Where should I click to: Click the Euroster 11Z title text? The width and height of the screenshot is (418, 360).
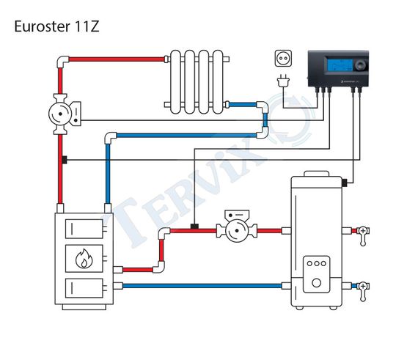(x=56, y=26)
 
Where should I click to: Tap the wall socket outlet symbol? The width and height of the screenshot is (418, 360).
(x=283, y=58)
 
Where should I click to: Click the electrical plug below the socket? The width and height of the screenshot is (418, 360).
(x=283, y=81)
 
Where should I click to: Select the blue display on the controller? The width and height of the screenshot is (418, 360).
(x=339, y=66)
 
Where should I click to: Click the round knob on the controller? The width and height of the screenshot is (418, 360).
(x=360, y=65)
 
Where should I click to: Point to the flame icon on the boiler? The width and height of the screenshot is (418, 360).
(x=84, y=259)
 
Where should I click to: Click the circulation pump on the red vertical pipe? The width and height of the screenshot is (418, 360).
(x=65, y=114)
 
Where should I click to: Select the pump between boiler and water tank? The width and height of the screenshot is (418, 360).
(x=237, y=226)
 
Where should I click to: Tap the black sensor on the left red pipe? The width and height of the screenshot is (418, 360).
(x=65, y=160)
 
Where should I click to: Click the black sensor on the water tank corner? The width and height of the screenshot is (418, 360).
(x=345, y=183)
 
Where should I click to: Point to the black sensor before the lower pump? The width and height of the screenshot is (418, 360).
(x=194, y=227)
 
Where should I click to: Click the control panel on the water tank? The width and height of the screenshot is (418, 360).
(x=316, y=274)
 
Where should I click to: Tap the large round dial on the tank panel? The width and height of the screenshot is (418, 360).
(x=316, y=283)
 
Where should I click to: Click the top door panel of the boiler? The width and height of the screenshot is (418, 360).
(x=84, y=229)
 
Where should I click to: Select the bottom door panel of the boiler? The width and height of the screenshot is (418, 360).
(x=84, y=288)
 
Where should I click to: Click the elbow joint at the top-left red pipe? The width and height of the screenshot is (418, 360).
(x=62, y=62)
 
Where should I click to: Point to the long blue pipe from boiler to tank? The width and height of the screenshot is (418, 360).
(x=202, y=286)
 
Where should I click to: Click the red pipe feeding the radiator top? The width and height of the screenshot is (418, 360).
(x=117, y=59)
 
